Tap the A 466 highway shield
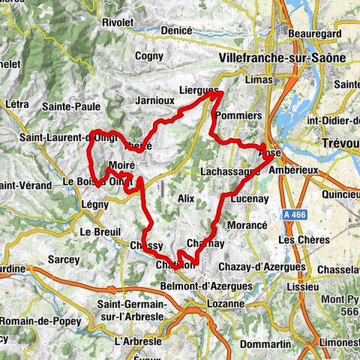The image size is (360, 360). coord(297,215)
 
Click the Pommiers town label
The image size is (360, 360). coord(238,116)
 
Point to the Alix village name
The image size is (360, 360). coord(186,198)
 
